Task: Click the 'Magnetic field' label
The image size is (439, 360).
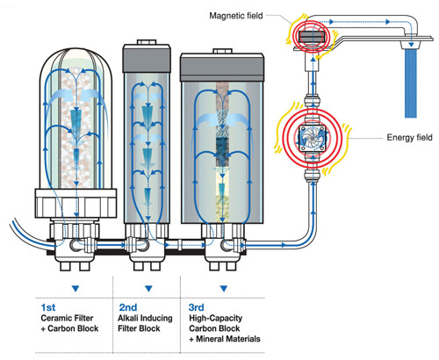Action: coord(236,16)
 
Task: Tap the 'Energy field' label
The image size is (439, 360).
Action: coord(409,138)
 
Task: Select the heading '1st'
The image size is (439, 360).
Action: coord(48,307)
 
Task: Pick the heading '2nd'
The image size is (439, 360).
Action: coord(128,307)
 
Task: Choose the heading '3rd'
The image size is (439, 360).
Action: coord(196,307)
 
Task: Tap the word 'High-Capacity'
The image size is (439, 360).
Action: coord(216,319)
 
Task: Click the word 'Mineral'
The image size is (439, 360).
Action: coord(212,339)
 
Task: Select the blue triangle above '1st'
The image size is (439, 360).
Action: coord(76,289)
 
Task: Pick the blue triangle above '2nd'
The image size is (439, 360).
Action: coord(148,289)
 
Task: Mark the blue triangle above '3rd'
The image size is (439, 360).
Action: coord(224,289)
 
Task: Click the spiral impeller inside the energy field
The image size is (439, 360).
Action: coord(313,138)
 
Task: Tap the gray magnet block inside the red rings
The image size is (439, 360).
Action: coord(313,37)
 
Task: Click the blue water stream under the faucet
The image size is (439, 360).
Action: coord(411,83)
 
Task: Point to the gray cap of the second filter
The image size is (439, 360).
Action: coord(147,58)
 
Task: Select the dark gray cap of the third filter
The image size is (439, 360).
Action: coord(222,68)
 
